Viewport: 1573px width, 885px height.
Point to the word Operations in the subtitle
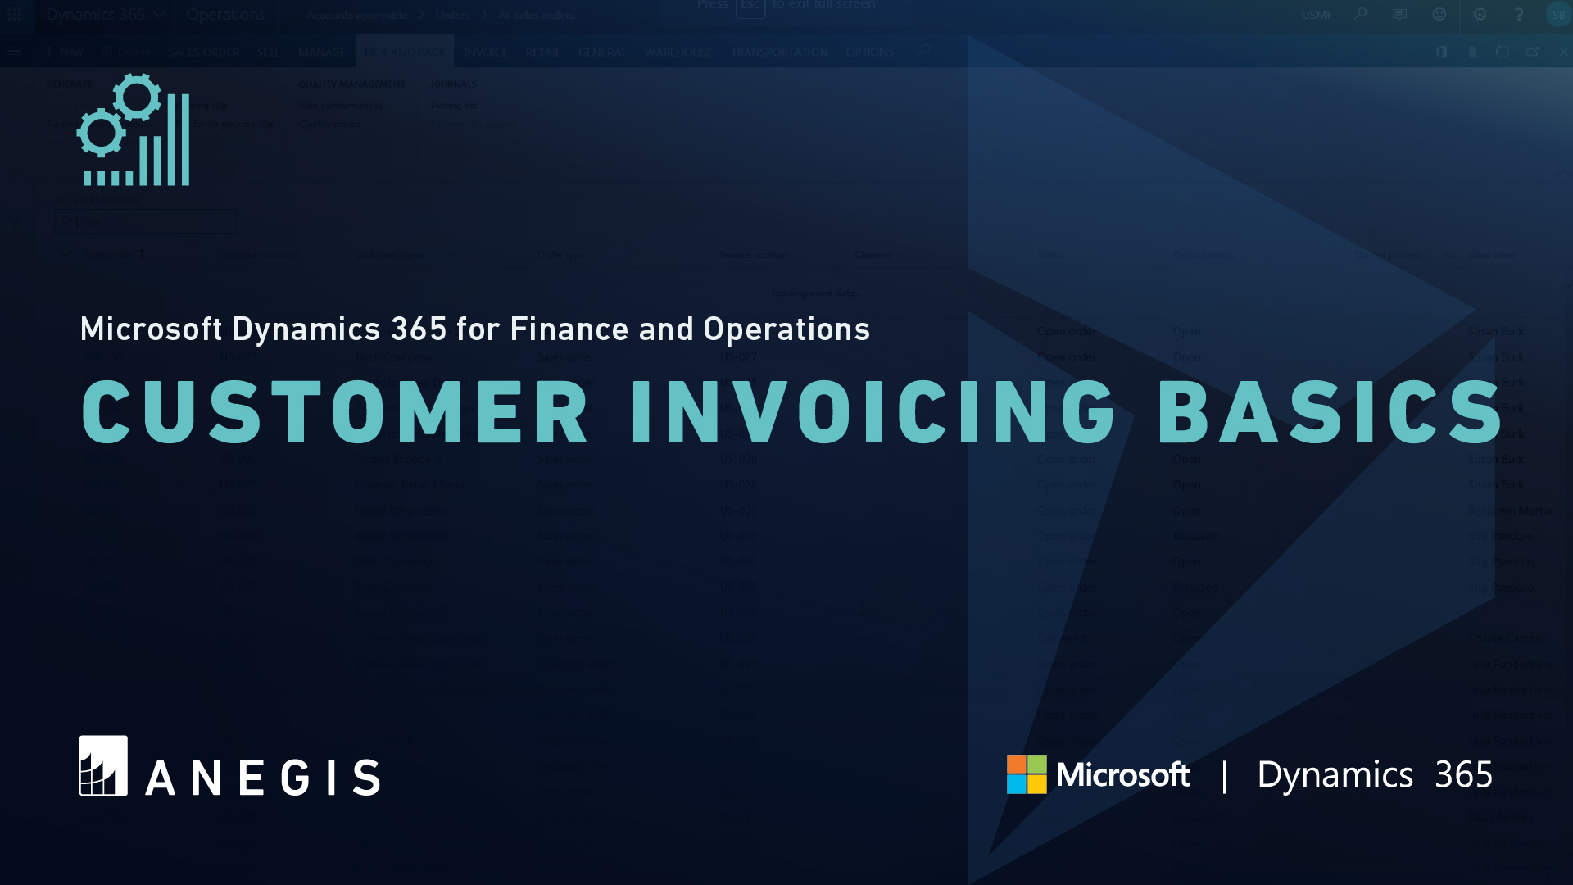(786, 329)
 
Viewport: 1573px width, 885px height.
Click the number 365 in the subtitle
(419, 329)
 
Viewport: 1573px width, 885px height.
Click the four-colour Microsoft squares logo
(1027, 774)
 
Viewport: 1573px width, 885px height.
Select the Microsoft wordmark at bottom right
(1122, 775)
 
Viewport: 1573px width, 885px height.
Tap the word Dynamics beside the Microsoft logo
(1335, 775)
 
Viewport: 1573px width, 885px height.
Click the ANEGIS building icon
(103, 765)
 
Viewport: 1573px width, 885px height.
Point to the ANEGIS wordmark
(262, 777)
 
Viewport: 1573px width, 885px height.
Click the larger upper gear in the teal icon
(137, 97)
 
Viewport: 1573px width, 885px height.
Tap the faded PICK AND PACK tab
(405, 52)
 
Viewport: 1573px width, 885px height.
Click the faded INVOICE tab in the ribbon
(486, 52)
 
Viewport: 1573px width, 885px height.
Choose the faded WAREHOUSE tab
(678, 52)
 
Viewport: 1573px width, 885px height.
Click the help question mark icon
(1518, 15)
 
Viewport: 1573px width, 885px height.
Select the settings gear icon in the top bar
(1479, 15)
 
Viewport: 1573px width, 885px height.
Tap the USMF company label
(1316, 15)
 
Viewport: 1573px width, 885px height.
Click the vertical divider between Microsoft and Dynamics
(1224, 776)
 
